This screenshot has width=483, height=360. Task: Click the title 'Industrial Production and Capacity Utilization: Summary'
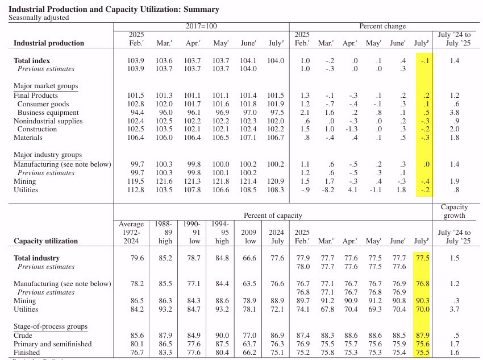tap(114, 10)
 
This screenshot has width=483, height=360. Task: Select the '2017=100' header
tap(201, 27)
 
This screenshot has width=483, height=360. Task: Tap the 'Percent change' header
tap(382, 27)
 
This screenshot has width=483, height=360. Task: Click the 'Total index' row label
tap(32, 61)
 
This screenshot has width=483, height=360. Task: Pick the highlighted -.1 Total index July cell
tap(424, 61)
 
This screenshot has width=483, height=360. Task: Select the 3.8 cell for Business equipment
tap(454, 113)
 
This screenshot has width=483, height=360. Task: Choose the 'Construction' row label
tap(37, 130)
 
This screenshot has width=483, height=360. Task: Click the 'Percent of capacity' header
tap(273, 216)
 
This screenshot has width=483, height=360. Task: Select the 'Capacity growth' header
tap(454, 212)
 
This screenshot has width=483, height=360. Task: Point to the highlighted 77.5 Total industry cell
tap(422, 258)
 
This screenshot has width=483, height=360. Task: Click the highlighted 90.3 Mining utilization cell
tap(422, 301)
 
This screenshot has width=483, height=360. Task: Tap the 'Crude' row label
tap(23, 336)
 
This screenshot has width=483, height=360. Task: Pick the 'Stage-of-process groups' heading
tap(51, 327)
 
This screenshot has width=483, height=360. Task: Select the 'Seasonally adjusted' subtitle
tap(39, 18)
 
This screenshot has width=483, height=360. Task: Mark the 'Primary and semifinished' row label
tap(52, 344)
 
